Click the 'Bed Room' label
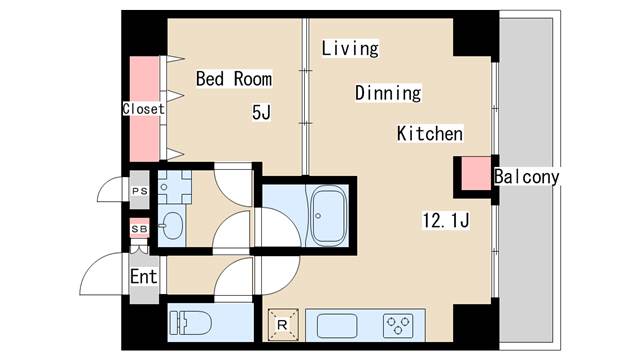(234, 79)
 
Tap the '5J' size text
(261, 112)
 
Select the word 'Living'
(350, 48)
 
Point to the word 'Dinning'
(388, 93)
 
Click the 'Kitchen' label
(430, 133)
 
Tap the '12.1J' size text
(446, 220)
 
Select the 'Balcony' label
(527, 177)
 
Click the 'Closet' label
(144, 109)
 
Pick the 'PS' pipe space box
(140, 191)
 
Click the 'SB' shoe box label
(139, 229)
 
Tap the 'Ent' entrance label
(144, 277)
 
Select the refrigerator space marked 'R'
(282, 325)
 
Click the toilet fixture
(191, 323)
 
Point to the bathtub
(329, 216)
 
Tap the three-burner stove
(398, 326)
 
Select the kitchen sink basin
(337, 326)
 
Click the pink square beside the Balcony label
(476, 173)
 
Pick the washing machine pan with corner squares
(175, 187)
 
